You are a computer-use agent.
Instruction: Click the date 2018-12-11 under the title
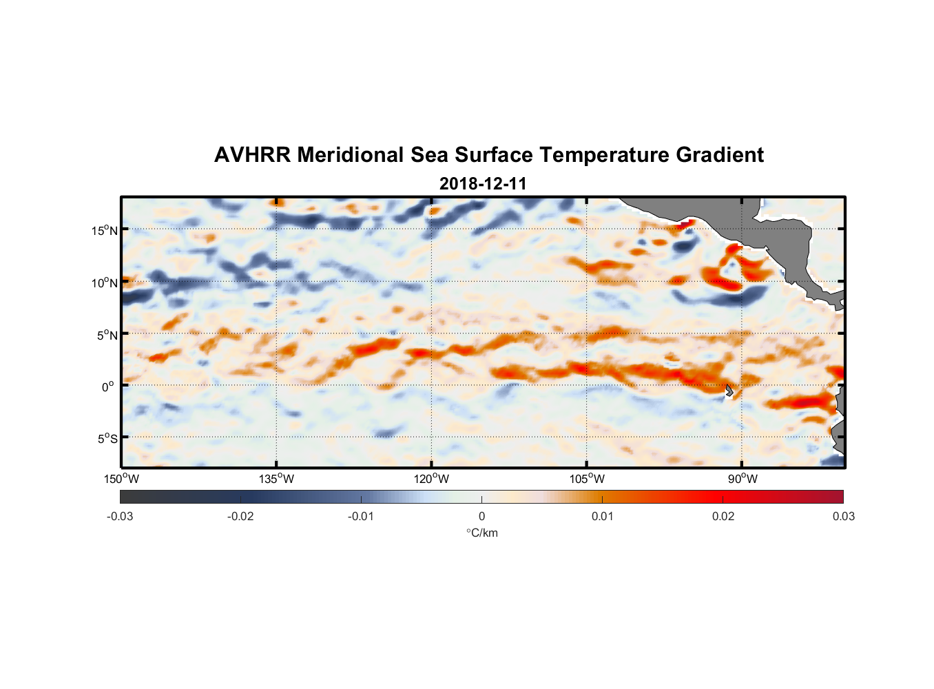click(483, 184)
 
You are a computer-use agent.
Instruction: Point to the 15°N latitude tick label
click(105, 230)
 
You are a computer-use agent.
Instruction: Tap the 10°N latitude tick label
click(105, 282)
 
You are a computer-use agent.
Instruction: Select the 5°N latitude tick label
click(107, 335)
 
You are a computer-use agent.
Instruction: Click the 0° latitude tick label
click(108, 387)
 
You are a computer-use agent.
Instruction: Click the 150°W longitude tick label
click(122, 479)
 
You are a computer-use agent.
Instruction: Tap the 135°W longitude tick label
click(277, 479)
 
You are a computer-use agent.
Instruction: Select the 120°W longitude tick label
click(432, 479)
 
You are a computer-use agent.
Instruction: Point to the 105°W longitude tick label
click(587, 479)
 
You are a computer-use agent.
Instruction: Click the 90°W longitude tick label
click(743, 479)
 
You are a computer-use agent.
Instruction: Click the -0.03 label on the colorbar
click(120, 516)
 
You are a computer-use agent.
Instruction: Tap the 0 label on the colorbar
click(481, 516)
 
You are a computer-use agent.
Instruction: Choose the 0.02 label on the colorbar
click(723, 516)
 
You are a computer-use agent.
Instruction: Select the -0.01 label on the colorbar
click(361, 516)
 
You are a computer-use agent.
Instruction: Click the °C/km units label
click(482, 533)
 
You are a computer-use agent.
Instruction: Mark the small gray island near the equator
click(729, 391)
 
